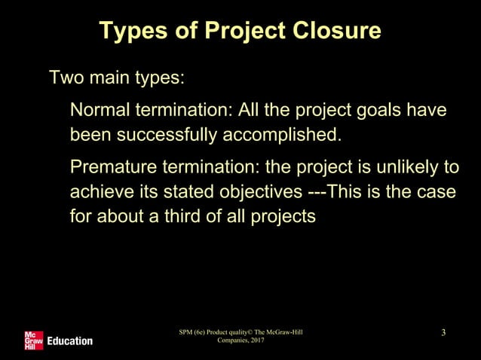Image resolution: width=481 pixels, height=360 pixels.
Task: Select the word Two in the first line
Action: pos(65,78)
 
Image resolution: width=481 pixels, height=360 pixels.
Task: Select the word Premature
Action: pos(112,166)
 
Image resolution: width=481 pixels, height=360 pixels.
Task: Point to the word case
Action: pos(438,192)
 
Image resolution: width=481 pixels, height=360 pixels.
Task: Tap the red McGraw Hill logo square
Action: pos(33,340)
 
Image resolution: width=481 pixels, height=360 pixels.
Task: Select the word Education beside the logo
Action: pos(69,341)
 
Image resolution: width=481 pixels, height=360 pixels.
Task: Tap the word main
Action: pos(108,78)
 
